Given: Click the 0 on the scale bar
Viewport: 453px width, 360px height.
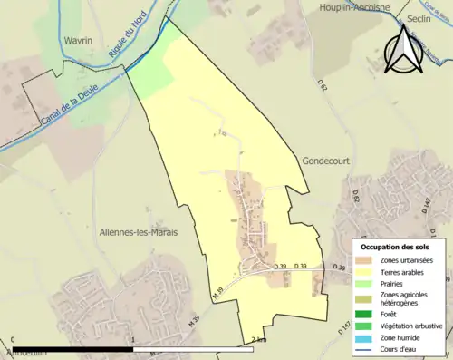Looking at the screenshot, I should [x=13, y=340].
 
